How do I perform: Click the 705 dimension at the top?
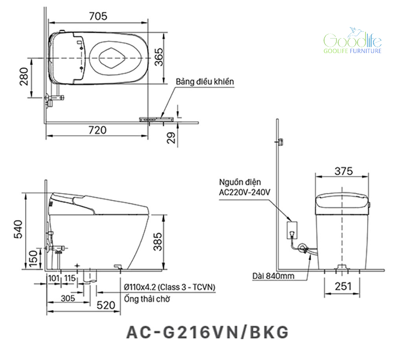tap(98, 16)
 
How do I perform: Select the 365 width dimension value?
tap(159, 57)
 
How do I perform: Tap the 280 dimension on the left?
tap(24, 77)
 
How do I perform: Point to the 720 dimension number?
tap(97, 130)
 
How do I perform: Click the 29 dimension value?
tap(171, 138)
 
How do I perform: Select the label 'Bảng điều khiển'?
tap(204, 81)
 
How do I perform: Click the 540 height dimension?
tap(18, 229)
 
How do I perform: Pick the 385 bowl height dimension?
tap(158, 242)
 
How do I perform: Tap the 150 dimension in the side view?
tap(33, 259)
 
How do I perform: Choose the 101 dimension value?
tap(54, 278)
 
